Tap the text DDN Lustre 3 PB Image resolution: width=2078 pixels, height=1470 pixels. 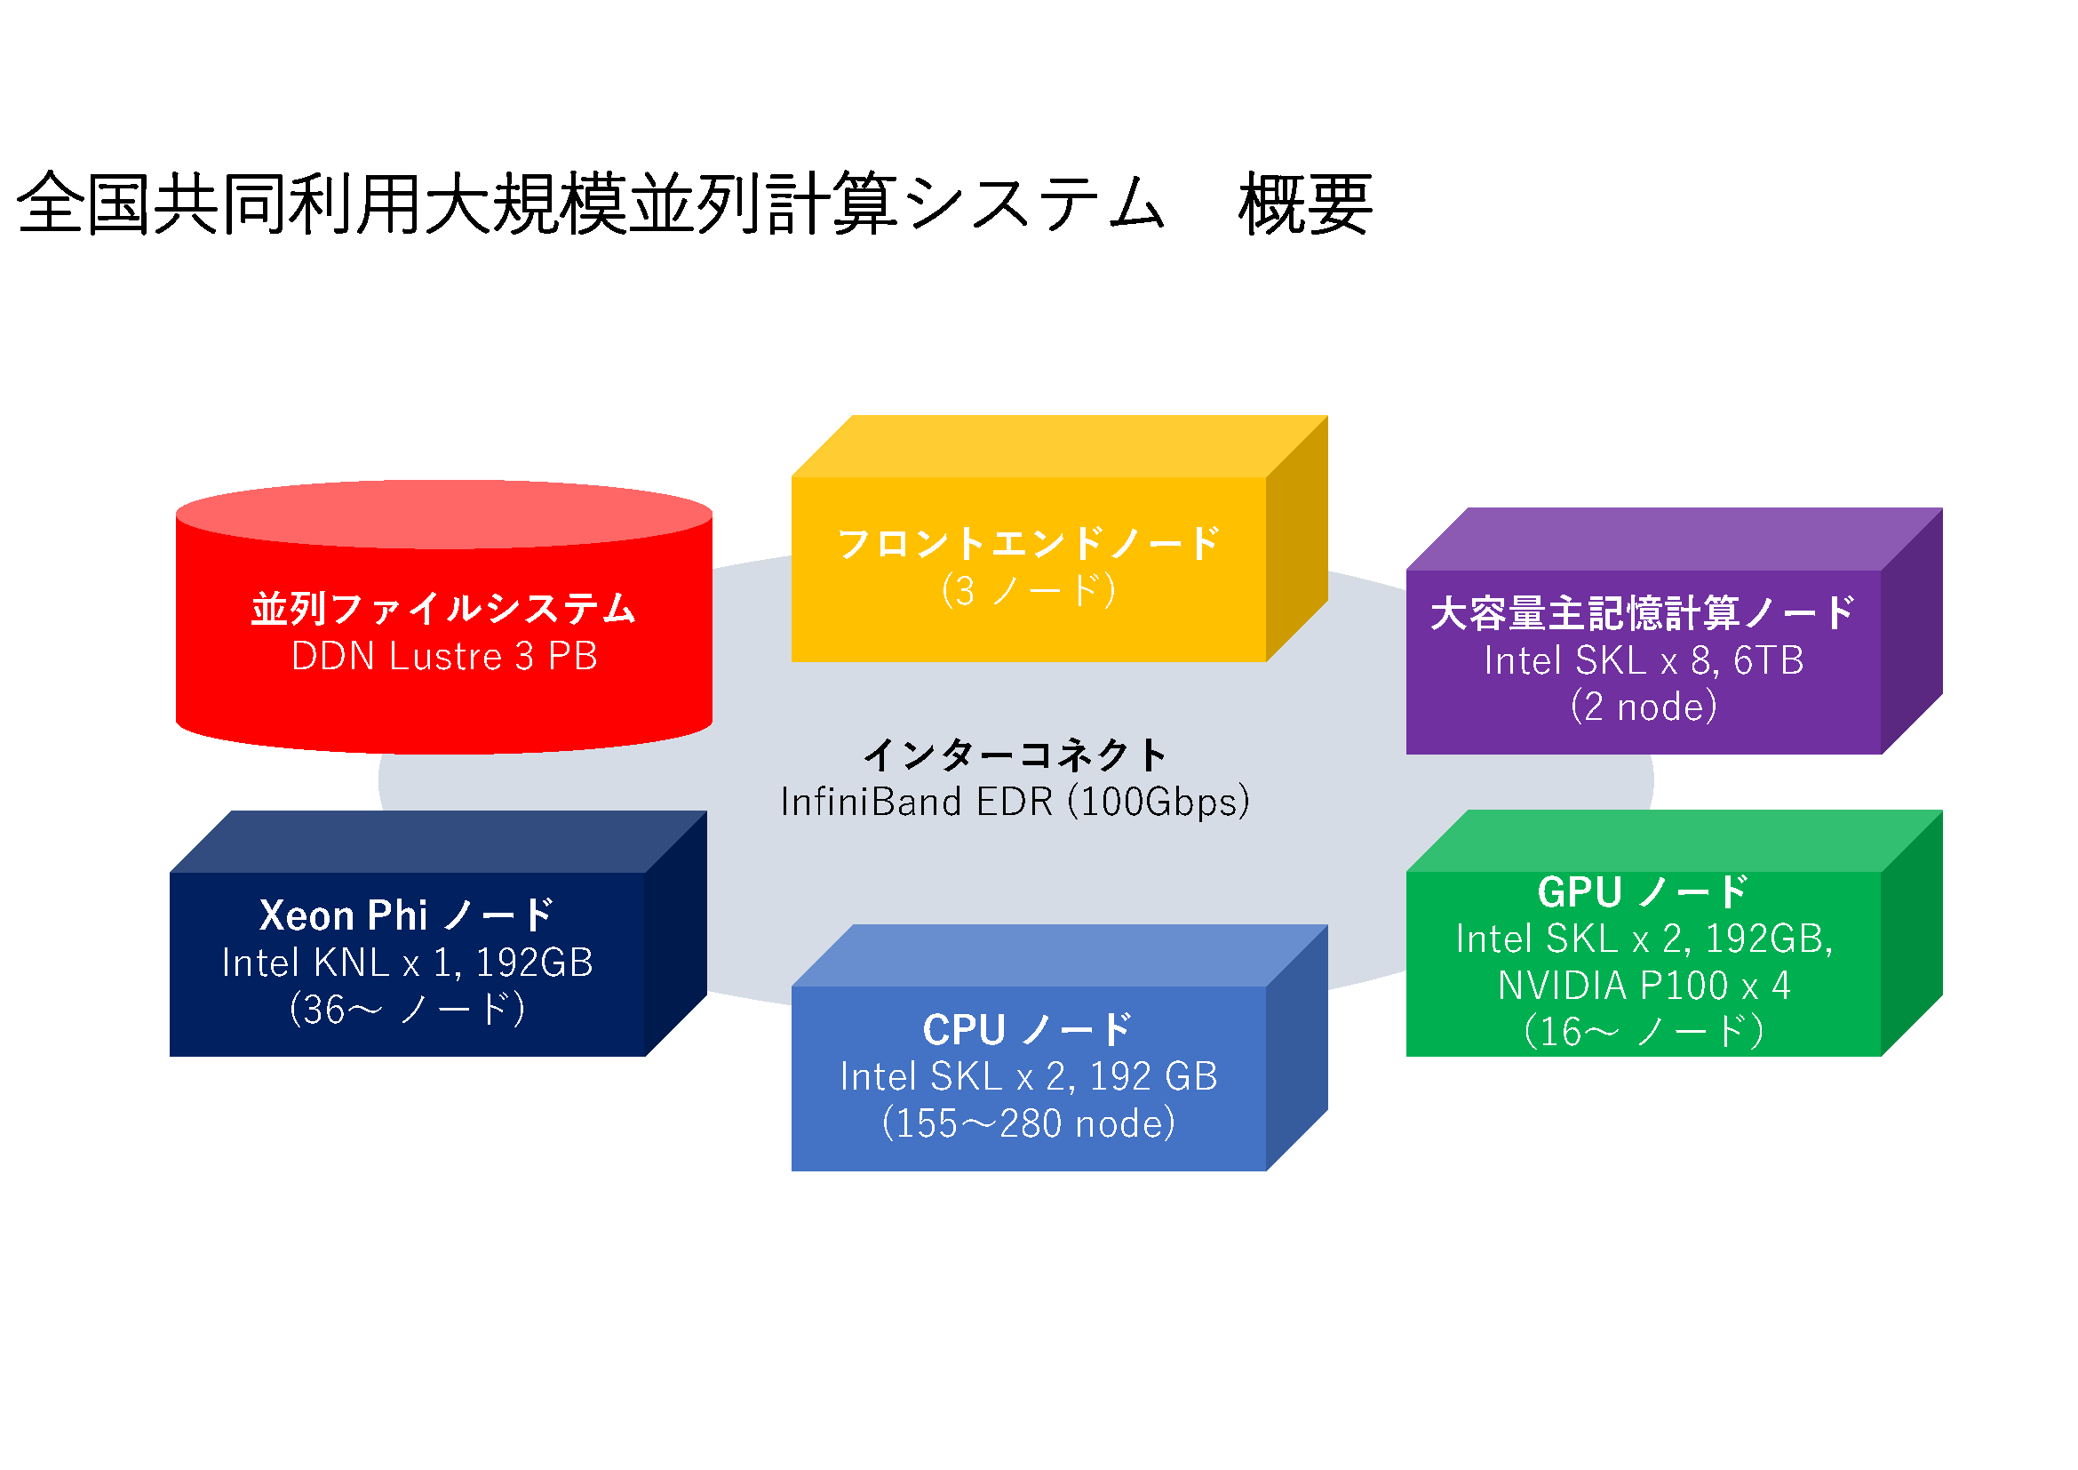coord(444,656)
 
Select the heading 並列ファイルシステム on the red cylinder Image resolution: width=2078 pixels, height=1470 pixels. coord(444,608)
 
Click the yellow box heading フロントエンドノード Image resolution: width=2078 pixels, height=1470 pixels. coord(1029,543)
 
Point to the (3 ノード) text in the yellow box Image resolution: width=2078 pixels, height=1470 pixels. coord(1029,591)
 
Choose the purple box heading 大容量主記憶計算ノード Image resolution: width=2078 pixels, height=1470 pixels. coord(1644,613)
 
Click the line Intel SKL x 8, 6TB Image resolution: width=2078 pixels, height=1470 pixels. coord(1644,660)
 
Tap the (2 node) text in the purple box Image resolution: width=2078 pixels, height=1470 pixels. coord(1644,707)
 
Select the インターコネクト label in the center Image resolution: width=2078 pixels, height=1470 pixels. coord(1015,754)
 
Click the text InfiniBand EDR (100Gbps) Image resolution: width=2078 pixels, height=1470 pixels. coord(1015,802)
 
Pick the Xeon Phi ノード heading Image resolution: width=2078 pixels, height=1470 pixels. coord(407,915)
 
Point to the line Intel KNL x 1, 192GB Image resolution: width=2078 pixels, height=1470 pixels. coord(407,963)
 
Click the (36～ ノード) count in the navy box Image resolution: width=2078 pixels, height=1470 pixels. coord(407,1010)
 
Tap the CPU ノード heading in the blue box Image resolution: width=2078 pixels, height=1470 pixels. coord(1029,1029)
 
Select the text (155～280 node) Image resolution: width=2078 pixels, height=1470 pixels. coord(1029,1123)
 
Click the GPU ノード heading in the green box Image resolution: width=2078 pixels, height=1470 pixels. coord(1644,892)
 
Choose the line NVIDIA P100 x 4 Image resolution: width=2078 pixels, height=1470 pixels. coord(1644,986)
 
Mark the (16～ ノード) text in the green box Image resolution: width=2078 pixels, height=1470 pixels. coord(1644,1032)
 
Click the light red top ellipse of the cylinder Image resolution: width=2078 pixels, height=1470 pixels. coord(444,514)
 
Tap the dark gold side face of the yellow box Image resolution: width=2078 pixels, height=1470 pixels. coord(1297,539)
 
